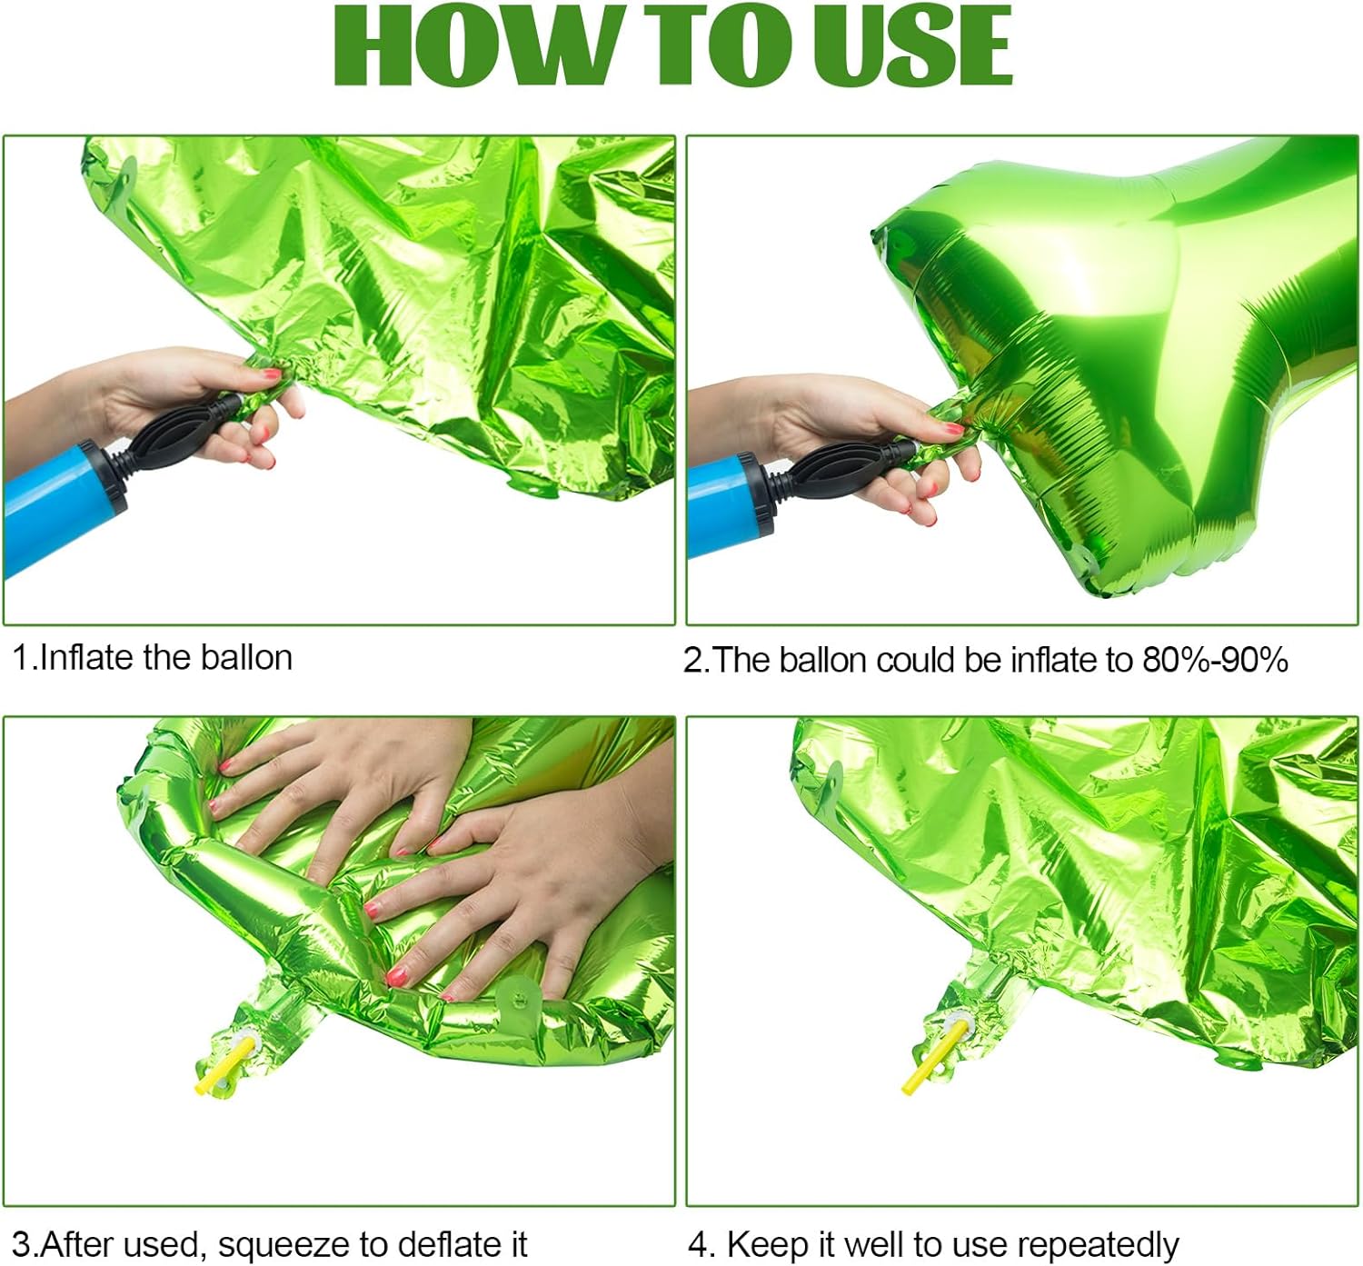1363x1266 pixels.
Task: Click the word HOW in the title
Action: (473, 45)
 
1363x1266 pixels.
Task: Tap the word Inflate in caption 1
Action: (89, 657)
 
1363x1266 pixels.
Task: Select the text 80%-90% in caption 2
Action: (1215, 660)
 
